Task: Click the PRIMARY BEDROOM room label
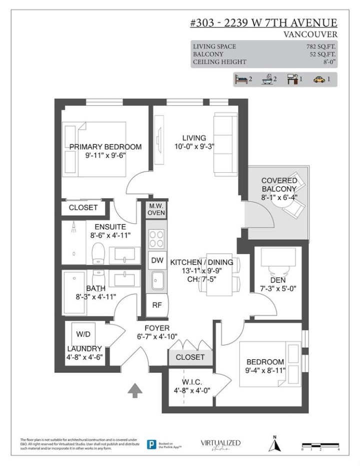point(105,147)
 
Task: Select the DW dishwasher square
point(157,260)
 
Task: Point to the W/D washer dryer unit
point(83,334)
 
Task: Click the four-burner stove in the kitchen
point(156,238)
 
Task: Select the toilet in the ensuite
point(99,253)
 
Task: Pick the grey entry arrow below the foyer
point(134,390)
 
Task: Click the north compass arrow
point(274,444)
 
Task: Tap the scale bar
point(320,445)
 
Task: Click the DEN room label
point(277,280)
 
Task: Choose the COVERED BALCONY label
point(279,185)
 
